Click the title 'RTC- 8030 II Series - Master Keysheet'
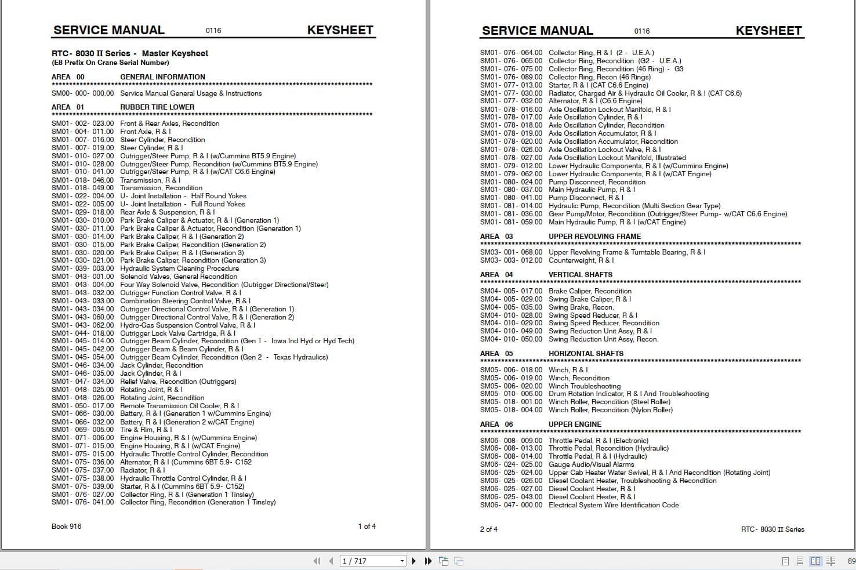(130, 53)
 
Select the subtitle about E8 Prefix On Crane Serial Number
(110, 63)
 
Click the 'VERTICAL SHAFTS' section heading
(581, 275)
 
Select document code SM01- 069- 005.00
(83, 430)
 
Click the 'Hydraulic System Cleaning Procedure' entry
(179, 268)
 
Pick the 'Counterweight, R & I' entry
(581, 260)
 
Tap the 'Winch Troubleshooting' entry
(585, 386)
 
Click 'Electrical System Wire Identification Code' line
(614, 505)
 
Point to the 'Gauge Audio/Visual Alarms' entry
(592, 464)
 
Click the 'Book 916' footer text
(67, 527)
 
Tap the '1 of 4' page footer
(367, 527)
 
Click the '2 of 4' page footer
(488, 529)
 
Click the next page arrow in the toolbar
(414, 561)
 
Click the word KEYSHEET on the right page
(768, 31)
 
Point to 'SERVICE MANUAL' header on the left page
(108, 30)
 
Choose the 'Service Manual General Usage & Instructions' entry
(191, 93)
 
